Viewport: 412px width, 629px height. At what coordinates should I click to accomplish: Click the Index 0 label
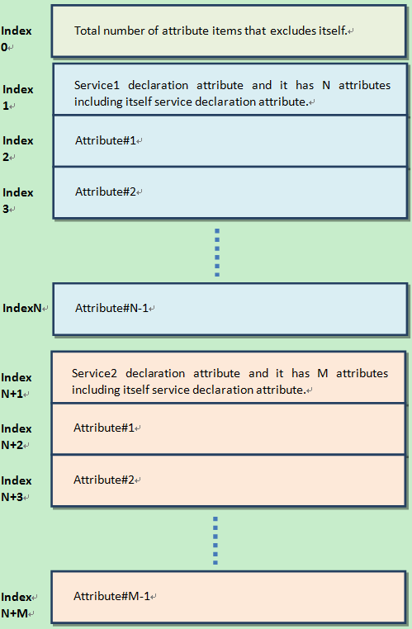click(17, 39)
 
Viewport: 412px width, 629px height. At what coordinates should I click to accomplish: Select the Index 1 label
click(18, 97)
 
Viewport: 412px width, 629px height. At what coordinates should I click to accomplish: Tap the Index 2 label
click(18, 149)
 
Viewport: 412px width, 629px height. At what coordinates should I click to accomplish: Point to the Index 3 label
click(18, 201)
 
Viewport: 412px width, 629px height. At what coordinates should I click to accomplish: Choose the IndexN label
click(23, 308)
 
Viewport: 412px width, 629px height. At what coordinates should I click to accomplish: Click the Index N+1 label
click(17, 385)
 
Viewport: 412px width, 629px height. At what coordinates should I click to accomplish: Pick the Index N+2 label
click(17, 437)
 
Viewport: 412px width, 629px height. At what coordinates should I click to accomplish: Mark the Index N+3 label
click(17, 489)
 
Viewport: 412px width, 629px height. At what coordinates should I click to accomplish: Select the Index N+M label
click(17, 605)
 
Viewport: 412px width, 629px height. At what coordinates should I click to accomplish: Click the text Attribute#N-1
click(112, 308)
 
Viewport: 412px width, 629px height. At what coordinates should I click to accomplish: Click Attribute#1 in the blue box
click(106, 140)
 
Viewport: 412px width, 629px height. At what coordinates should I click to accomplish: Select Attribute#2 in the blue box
click(106, 192)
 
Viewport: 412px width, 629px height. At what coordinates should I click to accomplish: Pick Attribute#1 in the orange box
click(104, 428)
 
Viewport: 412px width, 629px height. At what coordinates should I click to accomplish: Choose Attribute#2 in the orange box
click(104, 480)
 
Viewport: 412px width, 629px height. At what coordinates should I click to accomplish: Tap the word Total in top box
click(88, 31)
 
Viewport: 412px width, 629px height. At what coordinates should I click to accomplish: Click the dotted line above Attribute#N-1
click(217, 252)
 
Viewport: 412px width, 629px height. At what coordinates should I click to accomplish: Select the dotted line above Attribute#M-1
click(215, 541)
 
